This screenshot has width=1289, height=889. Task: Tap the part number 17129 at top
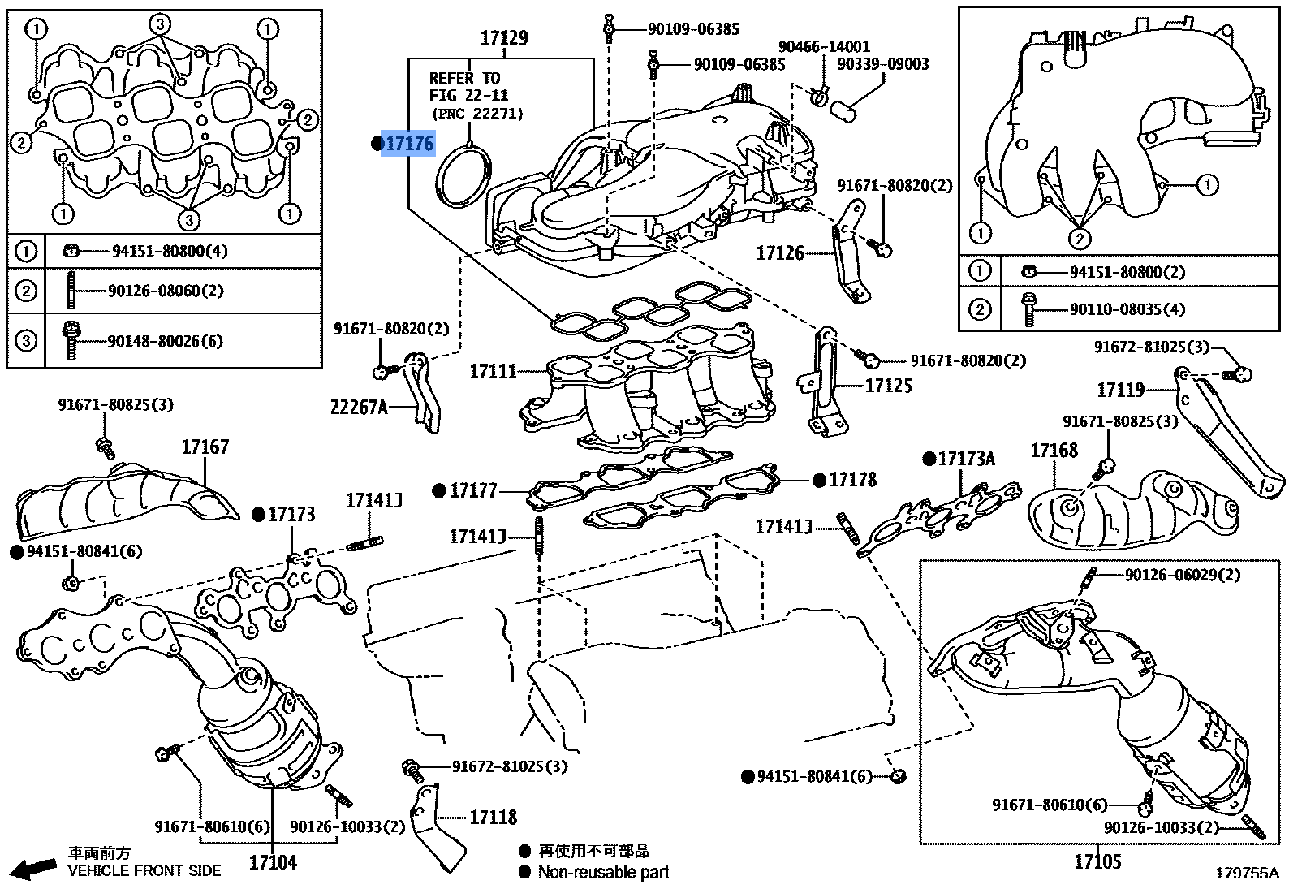coord(503,38)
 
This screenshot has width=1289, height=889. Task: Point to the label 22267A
coord(358,408)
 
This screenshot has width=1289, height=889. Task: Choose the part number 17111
coord(493,372)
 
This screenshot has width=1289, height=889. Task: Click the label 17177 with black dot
coord(473,490)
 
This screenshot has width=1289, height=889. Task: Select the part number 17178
coord(852,480)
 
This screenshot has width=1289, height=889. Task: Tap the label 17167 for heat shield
coord(205,447)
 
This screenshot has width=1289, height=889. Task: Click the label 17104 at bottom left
coord(273,862)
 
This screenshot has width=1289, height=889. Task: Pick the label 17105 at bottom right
coord(1097,861)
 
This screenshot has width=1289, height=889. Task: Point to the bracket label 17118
coord(493,818)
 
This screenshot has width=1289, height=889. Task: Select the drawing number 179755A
coord(1246,874)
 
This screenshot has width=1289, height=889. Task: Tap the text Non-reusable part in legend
coord(603,873)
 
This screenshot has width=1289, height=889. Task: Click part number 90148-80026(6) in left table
coord(165,341)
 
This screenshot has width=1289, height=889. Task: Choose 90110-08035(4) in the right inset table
coord(1127,309)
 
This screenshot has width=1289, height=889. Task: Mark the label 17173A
coord(966,460)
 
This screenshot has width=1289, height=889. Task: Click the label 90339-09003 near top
coord(882,64)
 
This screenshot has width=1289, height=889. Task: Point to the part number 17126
coord(779,253)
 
